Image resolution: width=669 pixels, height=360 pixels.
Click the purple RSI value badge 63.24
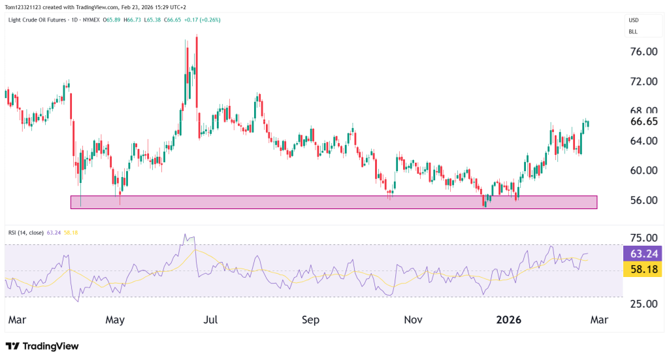pyautogui.click(x=643, y=254)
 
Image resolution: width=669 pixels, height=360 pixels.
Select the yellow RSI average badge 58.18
pyautogui.click(x=643, y=269)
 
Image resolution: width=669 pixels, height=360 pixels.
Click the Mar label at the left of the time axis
pyautogui.click(x=18, y=320)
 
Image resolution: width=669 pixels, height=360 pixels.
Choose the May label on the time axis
pyautogui.click(x=114, y=320)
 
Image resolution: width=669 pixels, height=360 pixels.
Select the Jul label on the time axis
pyautogui.click(x=211, y=320)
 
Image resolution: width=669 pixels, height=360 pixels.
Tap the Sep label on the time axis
pyautogui.click(x=311, y=320)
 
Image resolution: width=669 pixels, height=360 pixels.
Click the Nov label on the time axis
pyautogui.click(x=412, y=320)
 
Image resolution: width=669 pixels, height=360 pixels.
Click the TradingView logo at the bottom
pyautogui.click(x=42, y=346)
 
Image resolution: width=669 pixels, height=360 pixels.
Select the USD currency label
pyautogui.click(x=633, y=20)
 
